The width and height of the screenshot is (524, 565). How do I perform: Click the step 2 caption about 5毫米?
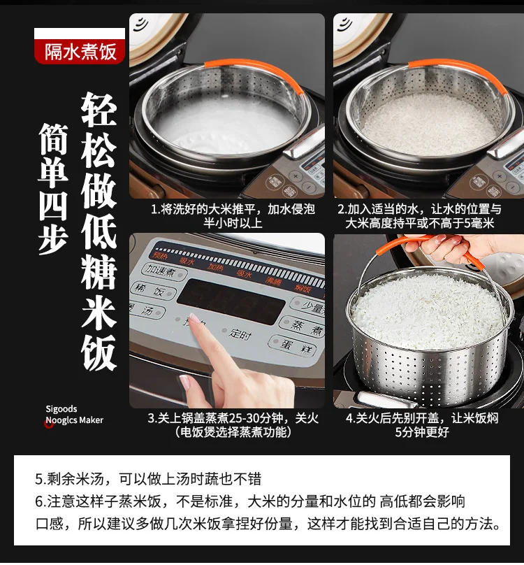click(429, 216)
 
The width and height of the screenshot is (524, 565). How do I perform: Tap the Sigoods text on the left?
click(61, 409)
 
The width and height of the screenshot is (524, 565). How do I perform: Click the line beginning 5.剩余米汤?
click(148, 479)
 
